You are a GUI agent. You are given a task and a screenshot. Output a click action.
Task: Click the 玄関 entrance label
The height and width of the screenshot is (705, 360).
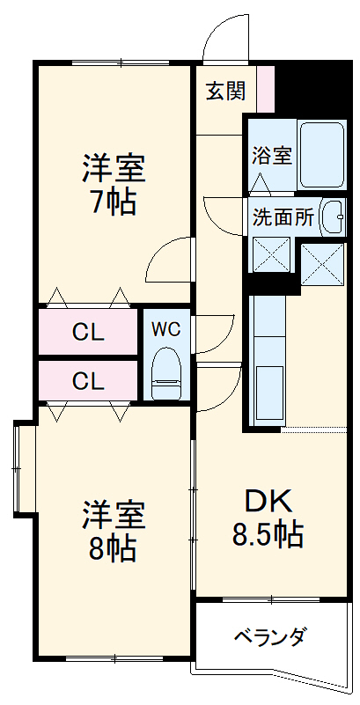pos(226,91)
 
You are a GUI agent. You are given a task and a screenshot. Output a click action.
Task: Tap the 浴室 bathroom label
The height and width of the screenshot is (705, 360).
pos(271,155)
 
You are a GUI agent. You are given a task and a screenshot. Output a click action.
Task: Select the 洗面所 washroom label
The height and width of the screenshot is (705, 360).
pos(283,216)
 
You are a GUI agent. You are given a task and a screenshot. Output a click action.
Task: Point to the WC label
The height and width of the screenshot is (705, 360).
pos(165,329)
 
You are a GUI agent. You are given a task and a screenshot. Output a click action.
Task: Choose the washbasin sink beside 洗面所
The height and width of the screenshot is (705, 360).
pos(333,217)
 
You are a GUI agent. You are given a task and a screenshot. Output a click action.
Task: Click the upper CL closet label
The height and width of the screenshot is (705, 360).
pos(89,332)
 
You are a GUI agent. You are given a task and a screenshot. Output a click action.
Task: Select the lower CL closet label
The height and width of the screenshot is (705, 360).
pos(89,381)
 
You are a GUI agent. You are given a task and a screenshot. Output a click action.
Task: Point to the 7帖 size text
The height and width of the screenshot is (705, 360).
pos(113,203)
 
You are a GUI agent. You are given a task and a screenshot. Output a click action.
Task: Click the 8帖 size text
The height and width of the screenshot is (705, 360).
pos(113,548)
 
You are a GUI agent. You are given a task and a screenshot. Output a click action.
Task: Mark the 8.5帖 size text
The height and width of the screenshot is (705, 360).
pos(268,533)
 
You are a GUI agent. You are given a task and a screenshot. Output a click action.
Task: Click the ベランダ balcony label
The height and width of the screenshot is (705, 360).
pos(270,635)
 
